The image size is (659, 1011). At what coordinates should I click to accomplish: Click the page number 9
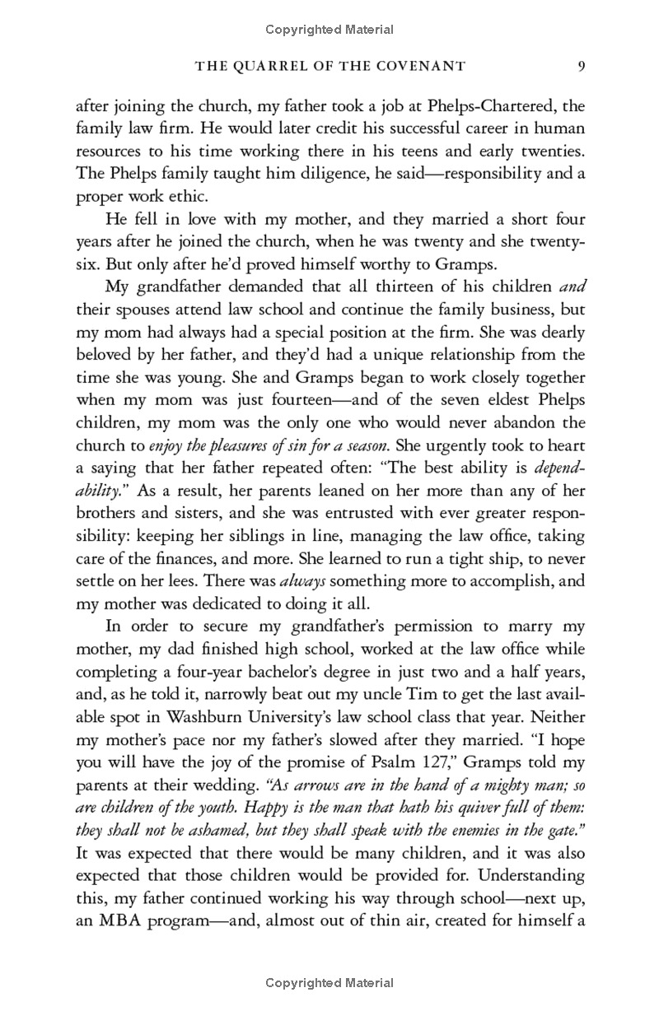(x=581, y=65)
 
